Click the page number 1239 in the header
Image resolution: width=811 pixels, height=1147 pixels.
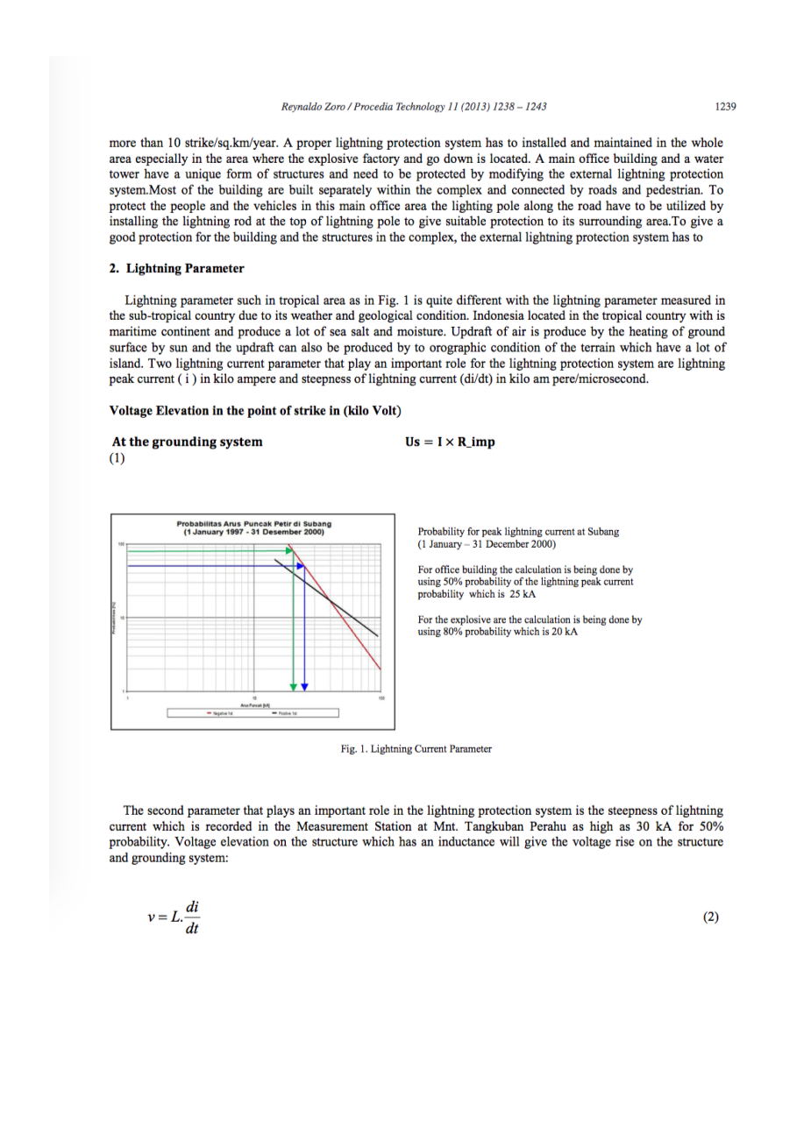(x=724, y=107)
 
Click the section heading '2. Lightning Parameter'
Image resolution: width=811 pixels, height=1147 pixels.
(x=176, y=268)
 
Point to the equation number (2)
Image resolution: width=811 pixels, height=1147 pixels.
(x=710, y=917)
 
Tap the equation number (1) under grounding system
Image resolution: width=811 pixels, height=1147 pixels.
(x=117, y=457)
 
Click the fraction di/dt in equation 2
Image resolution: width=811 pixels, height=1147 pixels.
(x=192, y=918)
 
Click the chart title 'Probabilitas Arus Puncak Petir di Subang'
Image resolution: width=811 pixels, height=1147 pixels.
(x=253, y=524)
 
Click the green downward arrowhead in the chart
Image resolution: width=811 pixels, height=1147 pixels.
(x=293, y=685)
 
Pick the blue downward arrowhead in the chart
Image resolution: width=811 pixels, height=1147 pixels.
(x=304, y=685)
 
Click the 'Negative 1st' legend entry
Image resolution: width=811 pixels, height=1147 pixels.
(x=221, y=713)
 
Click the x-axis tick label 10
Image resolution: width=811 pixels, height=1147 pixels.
(x=254, y=697)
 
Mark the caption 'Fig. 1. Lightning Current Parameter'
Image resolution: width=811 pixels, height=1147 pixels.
(x=416, y=749)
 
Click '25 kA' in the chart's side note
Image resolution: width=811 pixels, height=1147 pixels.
(x=523, y=594)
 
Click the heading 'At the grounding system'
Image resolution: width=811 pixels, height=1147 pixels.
(x=187, y=442)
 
